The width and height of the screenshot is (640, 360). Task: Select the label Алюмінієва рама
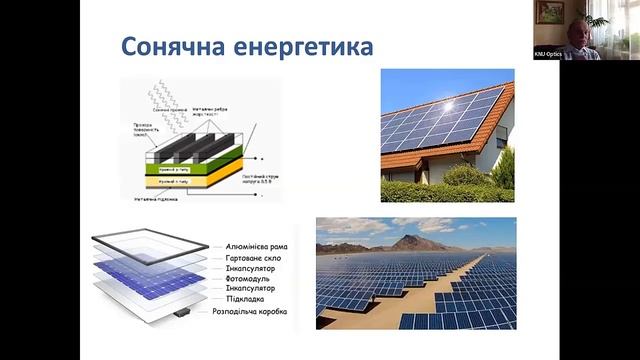tap(251, 245)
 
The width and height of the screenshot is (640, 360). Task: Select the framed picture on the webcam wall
tap(549, 11)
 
